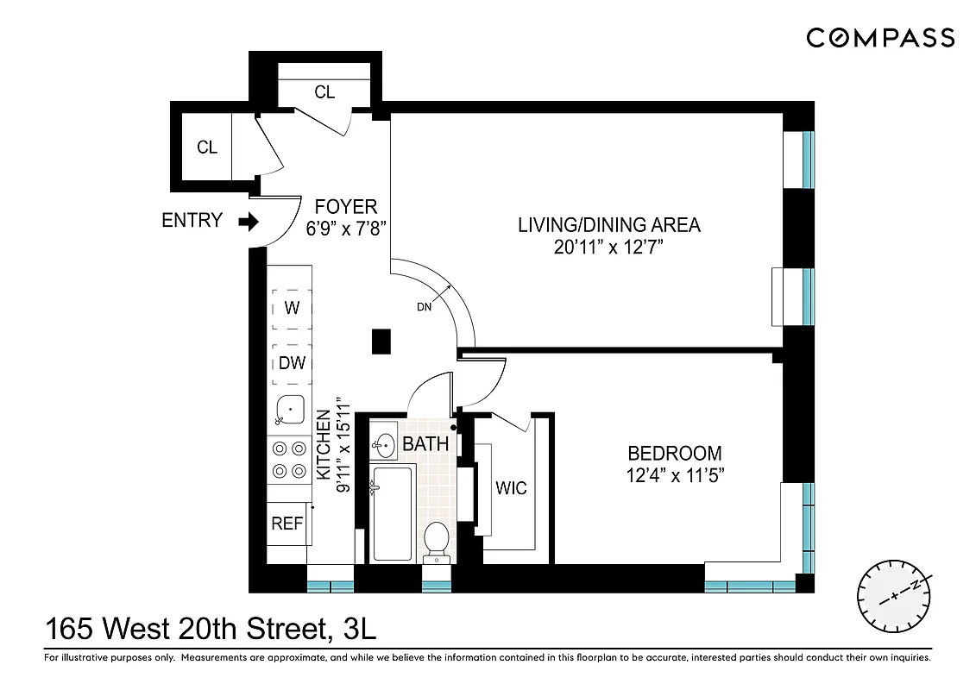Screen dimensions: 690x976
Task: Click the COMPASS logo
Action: pyautogui.click(x=880, y=38)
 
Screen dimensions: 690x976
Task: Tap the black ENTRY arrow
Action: pyautogui.click(x=249, y=222)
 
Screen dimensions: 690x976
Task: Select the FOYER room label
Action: pyautogui.click(x=345, y=207)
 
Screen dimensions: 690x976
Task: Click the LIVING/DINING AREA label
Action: pyautogui.click(x=608, y=225)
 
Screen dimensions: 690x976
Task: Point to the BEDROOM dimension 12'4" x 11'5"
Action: pyautogui.click(x=674, y=474)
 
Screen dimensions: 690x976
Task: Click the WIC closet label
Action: pyautogui.click(x=511, y=488)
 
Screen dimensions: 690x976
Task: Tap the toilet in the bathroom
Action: pyautogui.click(x=438, y=540)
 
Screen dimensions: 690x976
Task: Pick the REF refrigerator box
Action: pyautogui.click(x=288, y=524)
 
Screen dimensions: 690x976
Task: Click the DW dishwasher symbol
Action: pyautogui.click(x=293, y=363)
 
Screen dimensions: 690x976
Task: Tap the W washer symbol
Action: pyautogui.click(x=293, y=308)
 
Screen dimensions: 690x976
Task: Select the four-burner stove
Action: pyautogui.click(x=289, y=460)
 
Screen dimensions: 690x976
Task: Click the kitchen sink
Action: pyautogui.click(x=289, y=410)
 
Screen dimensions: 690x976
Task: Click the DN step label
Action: pyautogui.click(x=425, y=306)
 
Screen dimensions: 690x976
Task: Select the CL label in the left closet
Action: pyautogui.click(x=207, y=147)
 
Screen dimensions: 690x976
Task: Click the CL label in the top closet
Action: pyautogui.click(x=324, y=92)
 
